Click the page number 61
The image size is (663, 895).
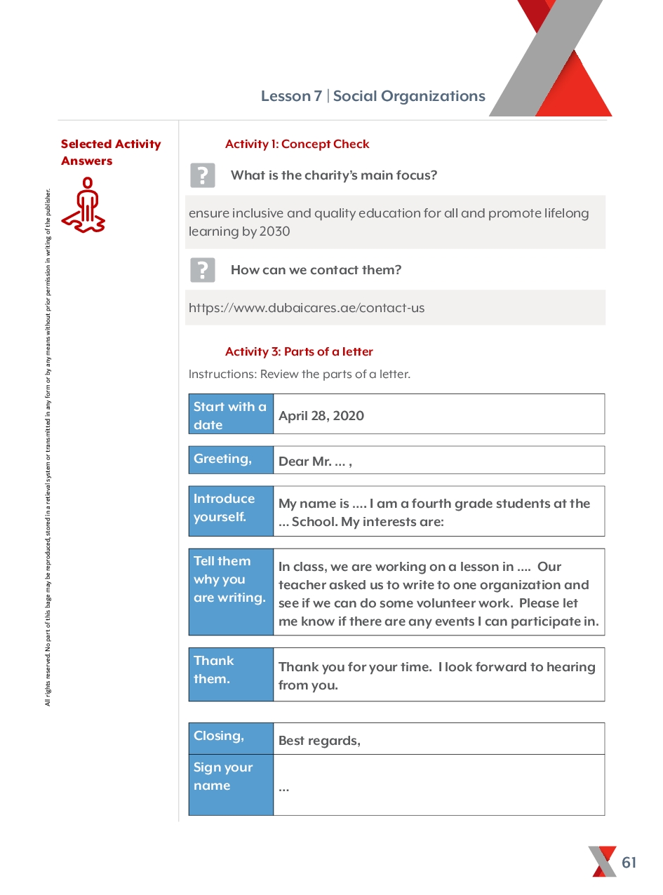(x=629, y=862)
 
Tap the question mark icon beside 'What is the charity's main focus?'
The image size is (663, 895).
(x=203, y=175)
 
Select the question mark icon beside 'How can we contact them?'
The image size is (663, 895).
(x=203, y=270)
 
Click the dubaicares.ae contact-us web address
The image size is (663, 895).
(x=307, y=308)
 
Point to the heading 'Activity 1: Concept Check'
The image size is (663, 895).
(x=297, y=144)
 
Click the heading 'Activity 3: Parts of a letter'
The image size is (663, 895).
(x=299, y=351)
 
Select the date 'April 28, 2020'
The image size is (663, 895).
(x=321, y=415)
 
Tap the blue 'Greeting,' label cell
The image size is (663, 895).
(x=231, y=459)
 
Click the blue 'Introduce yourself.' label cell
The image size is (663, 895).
(x=231, y=511)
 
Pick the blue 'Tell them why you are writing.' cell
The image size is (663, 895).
(x=231, y=592)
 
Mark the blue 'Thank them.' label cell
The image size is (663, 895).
(x=231, y=674)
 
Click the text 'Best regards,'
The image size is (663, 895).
(x=319, y=741)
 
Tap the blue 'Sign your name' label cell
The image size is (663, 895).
(x=231, y=784)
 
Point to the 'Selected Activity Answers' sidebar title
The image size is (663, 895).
(x=111, y=152)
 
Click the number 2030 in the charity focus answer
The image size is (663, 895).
(x=274, y=231)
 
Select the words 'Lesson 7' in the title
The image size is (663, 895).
(x=291, y=96)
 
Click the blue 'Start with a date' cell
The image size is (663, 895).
(x=231, y=415)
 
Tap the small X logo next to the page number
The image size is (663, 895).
(x=603, y=861)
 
